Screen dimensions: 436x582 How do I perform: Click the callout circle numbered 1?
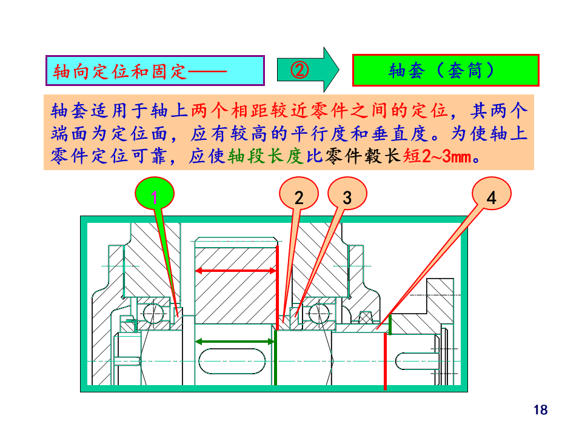pos(154,197)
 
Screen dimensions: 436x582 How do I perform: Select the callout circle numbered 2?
pos(299,197)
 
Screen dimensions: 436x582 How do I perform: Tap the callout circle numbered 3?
pos(347,197)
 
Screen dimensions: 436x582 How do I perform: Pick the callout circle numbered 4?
pos(491,197)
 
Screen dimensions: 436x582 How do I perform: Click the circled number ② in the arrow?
pos(299,70)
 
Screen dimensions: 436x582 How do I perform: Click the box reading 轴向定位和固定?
pos(155,71)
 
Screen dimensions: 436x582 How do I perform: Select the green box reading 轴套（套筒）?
pos(446,71)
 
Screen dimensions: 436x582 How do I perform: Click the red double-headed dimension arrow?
pos(235,271)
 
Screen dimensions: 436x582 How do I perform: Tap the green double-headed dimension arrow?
pos(235,342)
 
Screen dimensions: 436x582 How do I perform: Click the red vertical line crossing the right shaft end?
pos(386,361)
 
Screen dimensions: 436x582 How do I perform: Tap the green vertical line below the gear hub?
pos(275,357)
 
